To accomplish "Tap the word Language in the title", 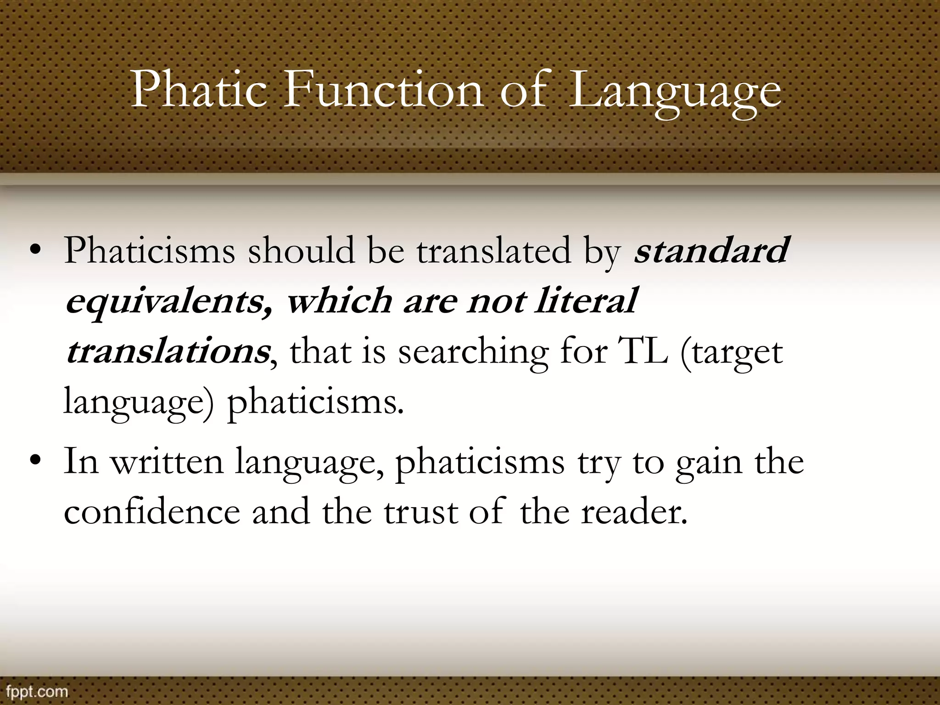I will pos(674,92).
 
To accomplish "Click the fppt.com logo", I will pos(34,691).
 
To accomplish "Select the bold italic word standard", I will pos(711,251).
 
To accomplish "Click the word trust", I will pos(420,513).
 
